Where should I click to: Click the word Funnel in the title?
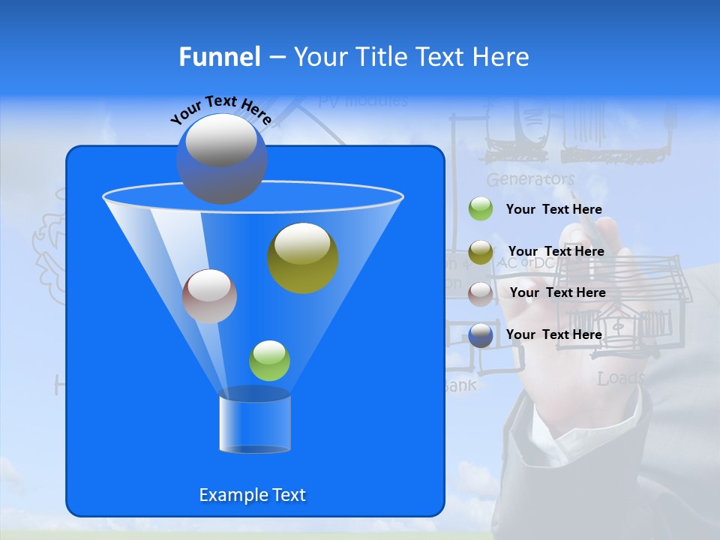220,57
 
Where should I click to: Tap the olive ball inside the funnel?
303,258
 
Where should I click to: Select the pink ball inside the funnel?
209,296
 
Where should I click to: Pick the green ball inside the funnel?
269,361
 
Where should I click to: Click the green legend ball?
481,209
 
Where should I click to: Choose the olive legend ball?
481,252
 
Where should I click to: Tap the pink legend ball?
481,293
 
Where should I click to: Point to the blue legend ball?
481,335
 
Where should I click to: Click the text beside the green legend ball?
553,209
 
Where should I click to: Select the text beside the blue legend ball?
553,334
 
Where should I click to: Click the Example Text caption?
252,495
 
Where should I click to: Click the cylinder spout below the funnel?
255,423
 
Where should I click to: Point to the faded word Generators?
530,180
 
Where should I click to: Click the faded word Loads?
620,379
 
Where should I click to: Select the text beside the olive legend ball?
556,251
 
